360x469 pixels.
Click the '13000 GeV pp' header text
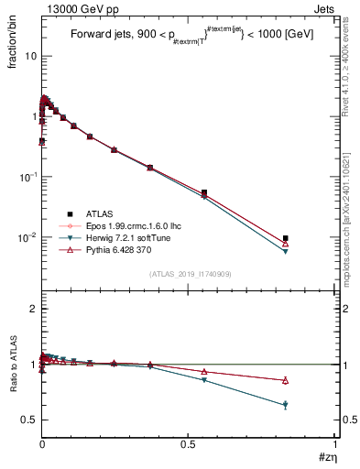77,9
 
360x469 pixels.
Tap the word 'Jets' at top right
326,9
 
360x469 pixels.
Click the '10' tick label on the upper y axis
30,56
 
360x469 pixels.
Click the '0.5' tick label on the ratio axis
29,420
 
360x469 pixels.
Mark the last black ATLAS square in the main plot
286,238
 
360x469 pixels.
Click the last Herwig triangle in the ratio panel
286,405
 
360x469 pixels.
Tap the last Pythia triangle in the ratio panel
286,380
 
